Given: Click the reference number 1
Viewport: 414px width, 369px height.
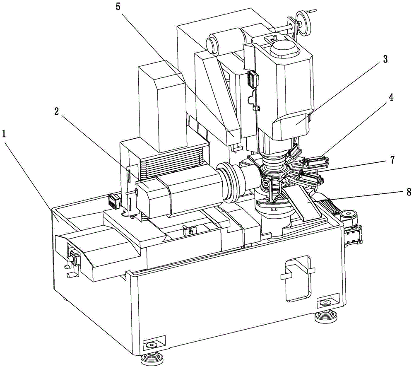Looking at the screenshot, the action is coord(4,134).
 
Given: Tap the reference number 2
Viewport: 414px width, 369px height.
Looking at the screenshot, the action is coord(56,112).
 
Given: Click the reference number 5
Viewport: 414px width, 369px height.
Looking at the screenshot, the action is coord(118,7).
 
